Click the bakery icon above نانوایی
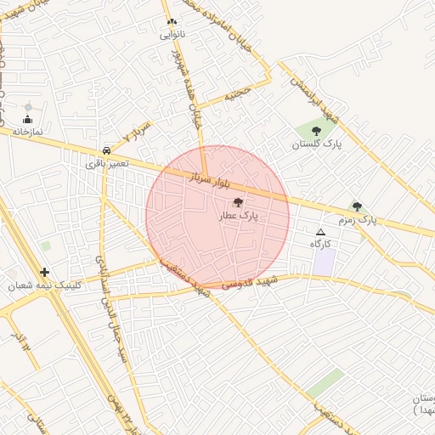(172, 22)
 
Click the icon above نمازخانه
(27, 119)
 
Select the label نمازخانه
(27, 133)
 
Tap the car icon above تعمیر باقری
(106, 147)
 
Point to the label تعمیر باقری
(106, 161)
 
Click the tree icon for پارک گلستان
(316, 131)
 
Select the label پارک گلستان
(316, 144)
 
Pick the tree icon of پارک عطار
(237, 202)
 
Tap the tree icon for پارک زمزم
(357, 206)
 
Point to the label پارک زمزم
(357, 220)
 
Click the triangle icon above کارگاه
(320, 232)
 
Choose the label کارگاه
(320, 244)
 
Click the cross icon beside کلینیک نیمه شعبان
(44, 273)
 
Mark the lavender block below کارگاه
(323, 262)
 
